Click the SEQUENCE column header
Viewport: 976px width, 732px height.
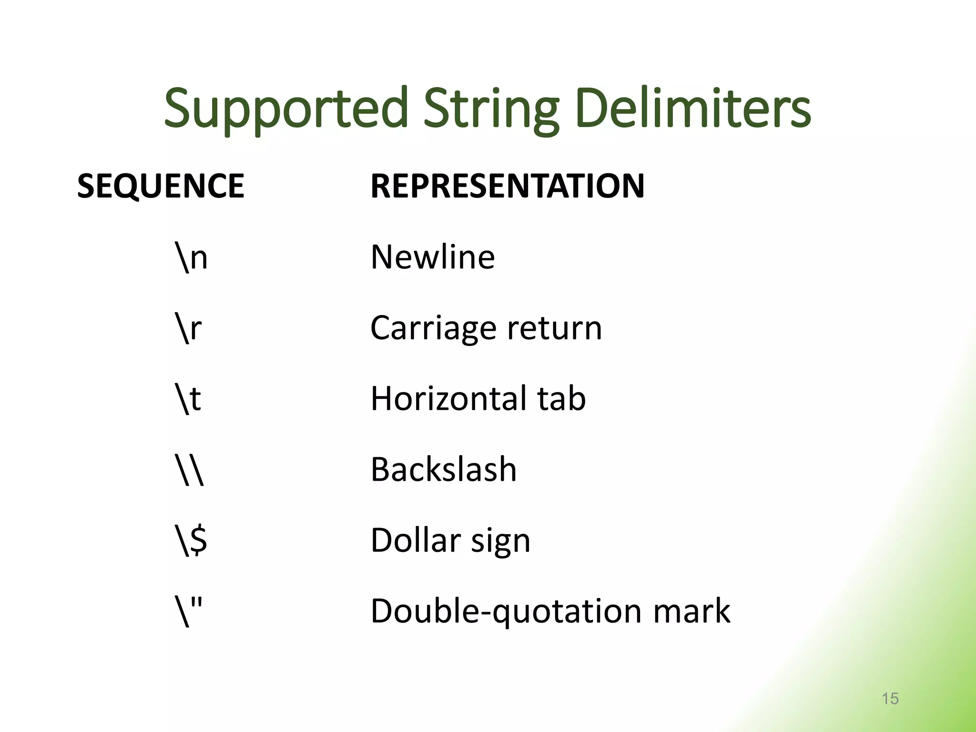coord(161,186)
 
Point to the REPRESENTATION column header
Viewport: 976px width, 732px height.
coord(508,186)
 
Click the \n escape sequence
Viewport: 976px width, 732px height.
coord(191,257)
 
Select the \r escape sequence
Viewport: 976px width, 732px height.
coord(189,328)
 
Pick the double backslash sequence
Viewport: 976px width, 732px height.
coord(190,470)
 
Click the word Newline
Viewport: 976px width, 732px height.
coord(433,257)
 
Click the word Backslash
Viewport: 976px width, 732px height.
coord(444,470)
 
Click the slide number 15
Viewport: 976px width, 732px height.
coord(890,699)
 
